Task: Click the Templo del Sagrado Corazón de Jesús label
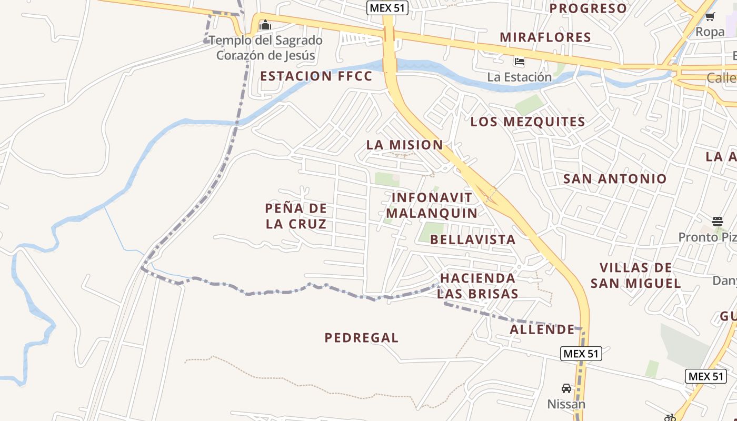[x=266, y=48]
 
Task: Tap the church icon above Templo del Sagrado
[x=265, y=25]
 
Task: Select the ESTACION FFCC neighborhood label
[x=316, y=76]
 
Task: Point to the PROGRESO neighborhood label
[x=589, y=8]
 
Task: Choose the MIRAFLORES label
[x=545, y=37]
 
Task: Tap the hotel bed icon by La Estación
[x=520, y=62]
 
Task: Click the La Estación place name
[x=519, y=77]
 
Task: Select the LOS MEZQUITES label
[x=527, y=122]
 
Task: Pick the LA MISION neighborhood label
[x=404, y=145]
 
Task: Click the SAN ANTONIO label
[x=615, y=178]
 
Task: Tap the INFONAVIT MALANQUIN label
[x=432, y=205]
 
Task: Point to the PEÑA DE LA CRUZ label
[x=296, y=216]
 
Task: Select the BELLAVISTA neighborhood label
[x=473, y=239]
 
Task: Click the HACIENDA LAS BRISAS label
[x=478, y=285]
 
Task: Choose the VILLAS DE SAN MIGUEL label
[x=636, y=275]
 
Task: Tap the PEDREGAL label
[x=361, y=338]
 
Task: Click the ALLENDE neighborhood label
[x=542, y=329]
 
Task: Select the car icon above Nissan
[x=566, y=388]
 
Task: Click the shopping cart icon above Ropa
[x=710, y=16]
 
